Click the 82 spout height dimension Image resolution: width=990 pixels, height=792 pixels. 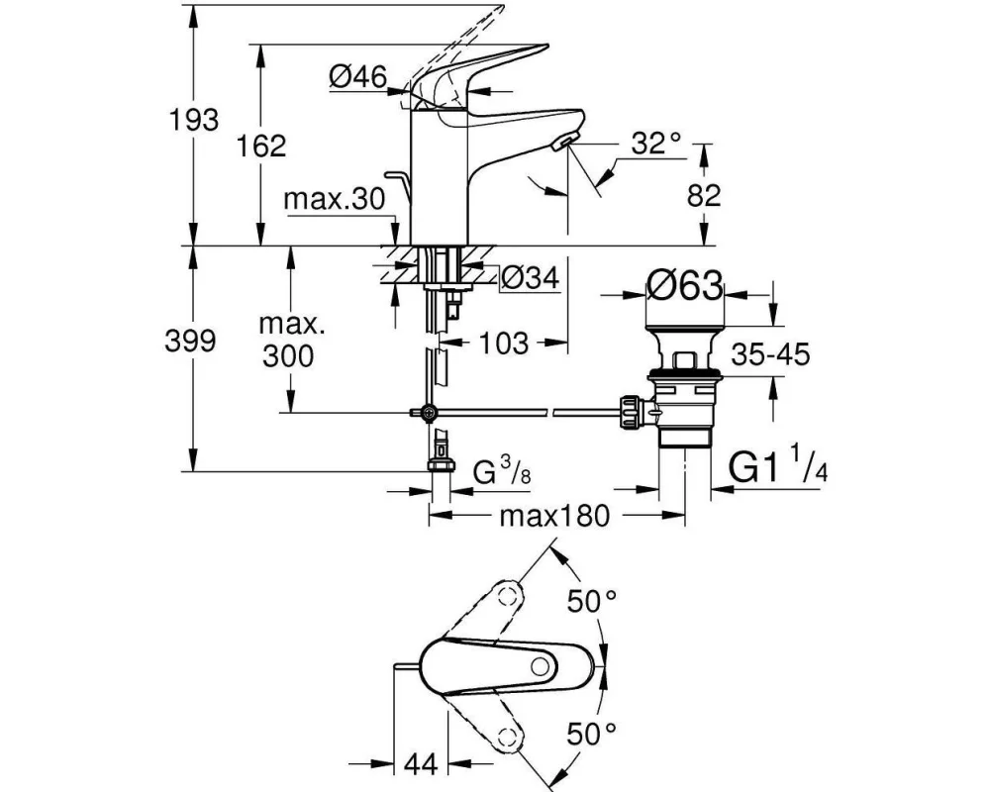tap(704, 195)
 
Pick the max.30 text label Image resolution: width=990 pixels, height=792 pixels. tap(334, 200)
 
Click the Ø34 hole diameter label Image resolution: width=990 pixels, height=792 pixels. tap(530, 280)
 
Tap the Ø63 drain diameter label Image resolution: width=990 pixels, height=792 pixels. tap(685, 287)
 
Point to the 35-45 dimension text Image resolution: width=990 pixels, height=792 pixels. tap(772, 352)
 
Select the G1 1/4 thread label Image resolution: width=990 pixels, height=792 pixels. tap(777, 466)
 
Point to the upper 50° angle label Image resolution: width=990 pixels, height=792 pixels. tap(591, 599)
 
